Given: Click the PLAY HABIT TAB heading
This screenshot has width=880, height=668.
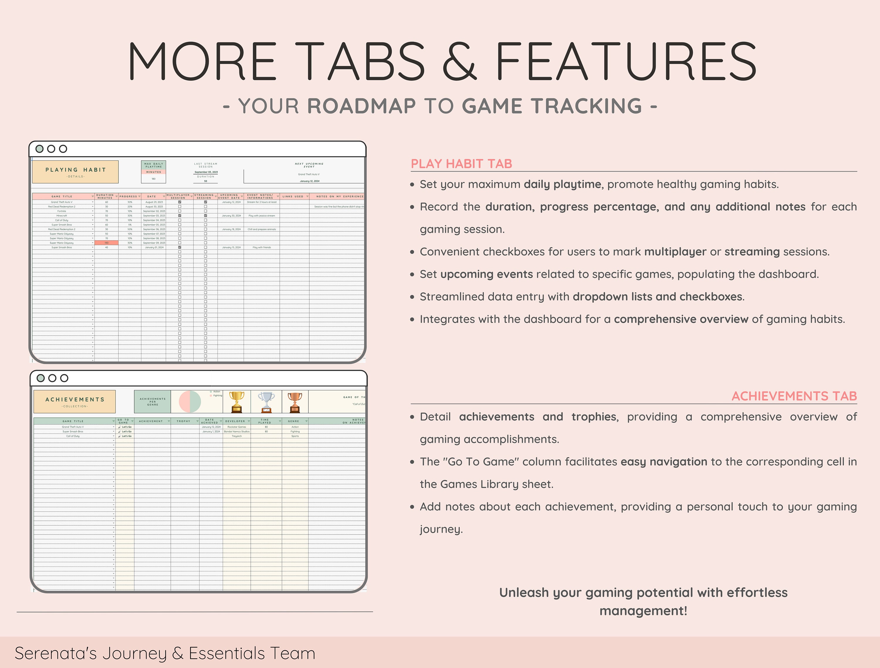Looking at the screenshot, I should pos(461,164).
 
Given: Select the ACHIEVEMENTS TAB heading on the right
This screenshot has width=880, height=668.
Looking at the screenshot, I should pos(794,396).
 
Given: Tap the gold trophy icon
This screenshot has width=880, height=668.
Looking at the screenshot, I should pos(236,402).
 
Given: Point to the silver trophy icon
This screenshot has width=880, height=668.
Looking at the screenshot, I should pos(266,402).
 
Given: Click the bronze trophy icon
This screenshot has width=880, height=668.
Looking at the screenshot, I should pos(295,402).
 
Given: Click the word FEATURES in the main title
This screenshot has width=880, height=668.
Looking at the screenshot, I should pos(626,62).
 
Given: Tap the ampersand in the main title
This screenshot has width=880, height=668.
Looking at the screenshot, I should pos(459,62).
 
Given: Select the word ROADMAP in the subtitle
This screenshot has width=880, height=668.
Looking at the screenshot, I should pos(361,106).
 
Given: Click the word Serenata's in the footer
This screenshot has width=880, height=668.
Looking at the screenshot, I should pos(56,653).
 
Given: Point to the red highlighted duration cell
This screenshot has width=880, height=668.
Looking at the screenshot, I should pos(106,243).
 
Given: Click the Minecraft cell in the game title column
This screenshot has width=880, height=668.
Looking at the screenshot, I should pos(62,216).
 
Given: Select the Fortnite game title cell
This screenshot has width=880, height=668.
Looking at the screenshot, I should pos(62,211).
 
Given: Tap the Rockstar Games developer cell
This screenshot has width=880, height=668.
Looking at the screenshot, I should pos(237,427).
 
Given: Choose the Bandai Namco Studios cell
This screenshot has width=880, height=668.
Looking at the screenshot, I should pos(237,431).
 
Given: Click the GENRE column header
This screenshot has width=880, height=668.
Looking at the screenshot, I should pos(294,421).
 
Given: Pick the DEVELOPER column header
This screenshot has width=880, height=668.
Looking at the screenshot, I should pos(235,421).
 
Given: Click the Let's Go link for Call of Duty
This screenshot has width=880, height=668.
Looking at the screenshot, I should pos(126,436).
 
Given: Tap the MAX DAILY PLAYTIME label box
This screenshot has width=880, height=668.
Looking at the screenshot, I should pos(154,165).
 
